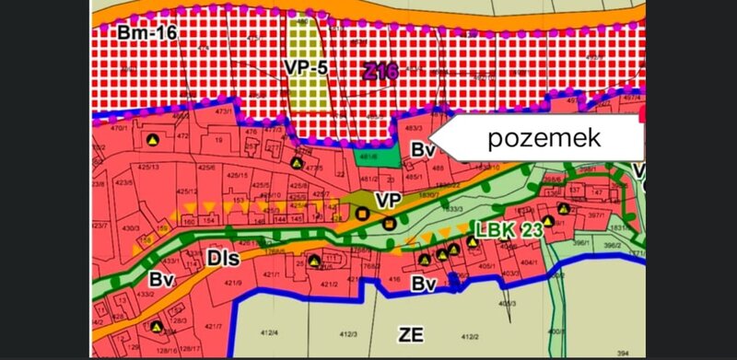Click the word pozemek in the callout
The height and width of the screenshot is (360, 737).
coord(544,139)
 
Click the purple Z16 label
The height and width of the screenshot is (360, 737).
coord(380,71)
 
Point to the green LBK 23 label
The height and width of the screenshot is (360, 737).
coord(509,229)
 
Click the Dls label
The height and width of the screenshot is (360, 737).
coord(225,260)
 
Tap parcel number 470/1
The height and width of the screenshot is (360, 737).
coord(117,129)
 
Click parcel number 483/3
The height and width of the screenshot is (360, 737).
coord(413,128)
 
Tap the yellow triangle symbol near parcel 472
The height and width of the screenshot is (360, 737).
coord(153,139)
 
